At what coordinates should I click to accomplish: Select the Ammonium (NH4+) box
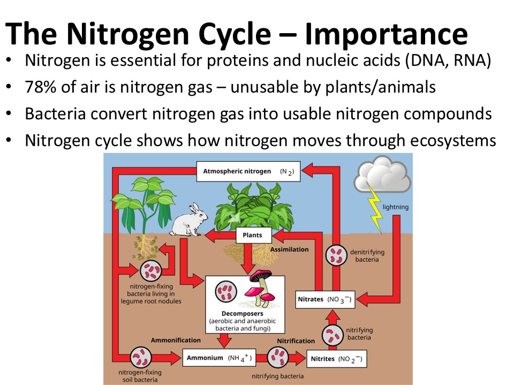coord(217,358)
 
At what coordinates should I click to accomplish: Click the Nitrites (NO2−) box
coord(337,359)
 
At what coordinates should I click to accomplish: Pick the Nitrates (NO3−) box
coord(325,299)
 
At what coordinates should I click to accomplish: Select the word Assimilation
coord(290,249)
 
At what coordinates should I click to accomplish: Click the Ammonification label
coord(176,340)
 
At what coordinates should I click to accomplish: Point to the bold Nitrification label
coord(296,341)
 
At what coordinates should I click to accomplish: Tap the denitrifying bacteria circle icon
coord(338,255)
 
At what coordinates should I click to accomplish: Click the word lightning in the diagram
coord(395,206)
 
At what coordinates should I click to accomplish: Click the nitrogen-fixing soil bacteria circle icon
coord(143,357)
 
